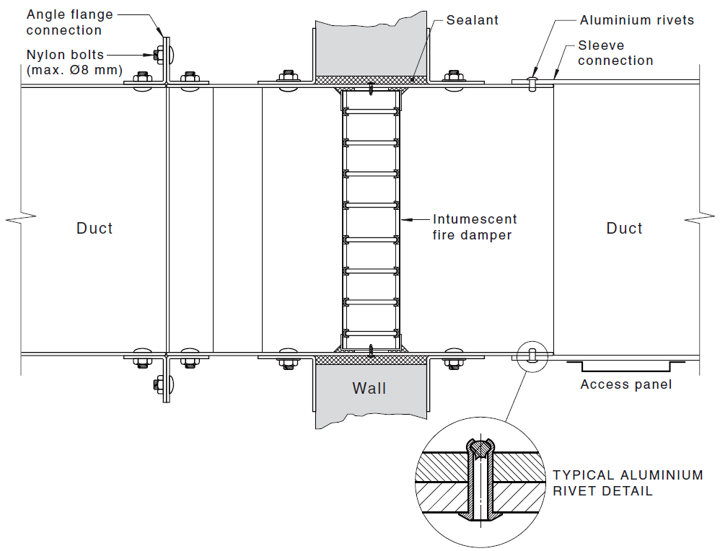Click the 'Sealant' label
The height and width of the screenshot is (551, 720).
pos(472,20)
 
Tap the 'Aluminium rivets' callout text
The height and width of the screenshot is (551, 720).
pos(636,20)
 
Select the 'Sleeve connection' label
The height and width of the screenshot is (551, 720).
pos(615,53)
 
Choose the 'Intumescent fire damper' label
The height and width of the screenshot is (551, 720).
pos(475,226)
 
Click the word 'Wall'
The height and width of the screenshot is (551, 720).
pos(369,389)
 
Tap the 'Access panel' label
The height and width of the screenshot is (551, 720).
pos(625,384)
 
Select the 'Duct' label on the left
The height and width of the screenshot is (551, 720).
pos(95,229)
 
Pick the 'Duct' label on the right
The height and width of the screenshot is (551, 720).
pos(624,229)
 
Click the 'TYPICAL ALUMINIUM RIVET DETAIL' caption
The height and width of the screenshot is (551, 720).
pos(628,483)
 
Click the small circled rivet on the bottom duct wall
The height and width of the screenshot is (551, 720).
pos(532,354)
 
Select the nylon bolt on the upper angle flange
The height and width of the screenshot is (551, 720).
pos(159,53)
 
